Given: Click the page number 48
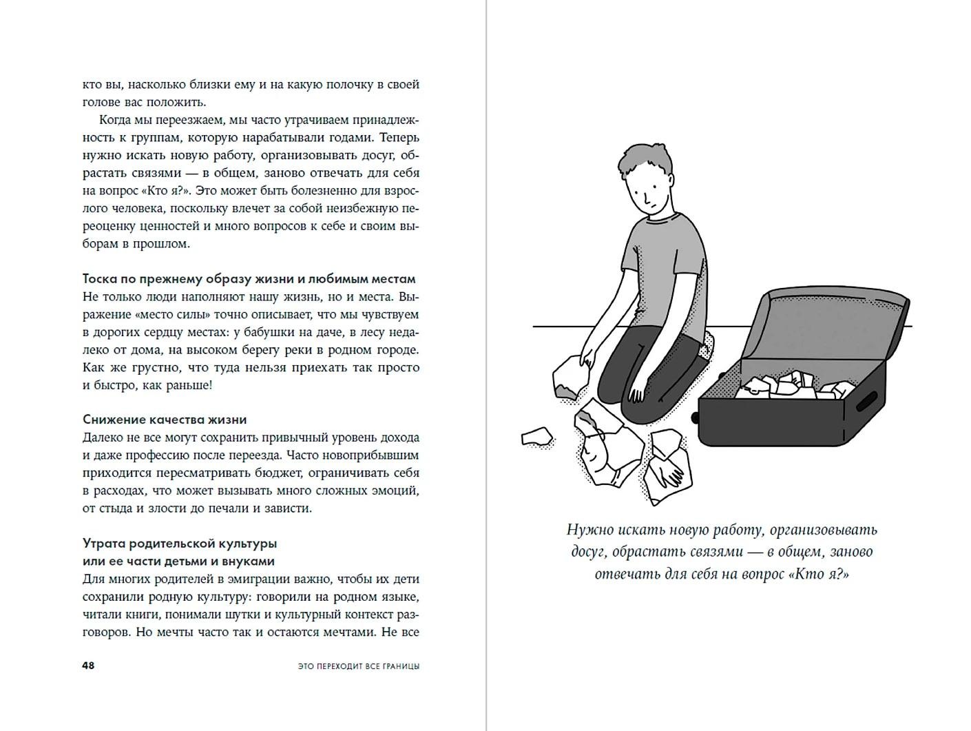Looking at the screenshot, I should pos(88,666).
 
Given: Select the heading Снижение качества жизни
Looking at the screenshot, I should pos(165,420).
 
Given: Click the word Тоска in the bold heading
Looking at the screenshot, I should pos(101,279).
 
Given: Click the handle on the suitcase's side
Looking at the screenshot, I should pos(867,402).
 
